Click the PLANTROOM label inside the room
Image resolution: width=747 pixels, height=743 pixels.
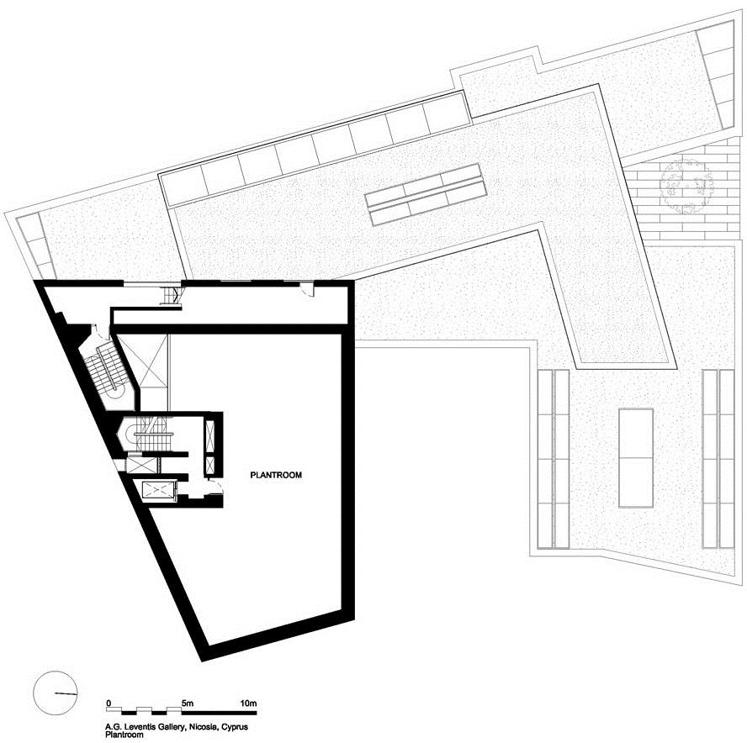pyautogui.click(x=276, y=475)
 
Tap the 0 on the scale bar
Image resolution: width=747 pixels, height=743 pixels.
pyautogui.click(x=109, y=703)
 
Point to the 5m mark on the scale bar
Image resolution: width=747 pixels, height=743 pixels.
pyautogui.click(x=188, y=703)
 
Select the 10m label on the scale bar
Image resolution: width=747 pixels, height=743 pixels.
pyautogui.click(x=249, y=703)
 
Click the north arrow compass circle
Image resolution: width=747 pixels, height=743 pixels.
pyautogui.click(x=56, y=693)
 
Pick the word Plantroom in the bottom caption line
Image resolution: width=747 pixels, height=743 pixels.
pyautogui.click(x=124, y=735)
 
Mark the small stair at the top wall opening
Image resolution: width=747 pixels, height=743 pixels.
pyautogui.click(x=171, y=295)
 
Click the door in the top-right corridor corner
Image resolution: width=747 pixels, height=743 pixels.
pyautogui.click(x=308, y=290)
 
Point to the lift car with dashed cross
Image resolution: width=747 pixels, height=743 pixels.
pyautogui.click(x=156, y=490)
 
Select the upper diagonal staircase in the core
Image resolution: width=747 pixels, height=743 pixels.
pyautogui.click(x=107, y=369)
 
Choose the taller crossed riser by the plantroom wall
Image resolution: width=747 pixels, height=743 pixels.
pyautogui.click(x=209, y=436)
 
